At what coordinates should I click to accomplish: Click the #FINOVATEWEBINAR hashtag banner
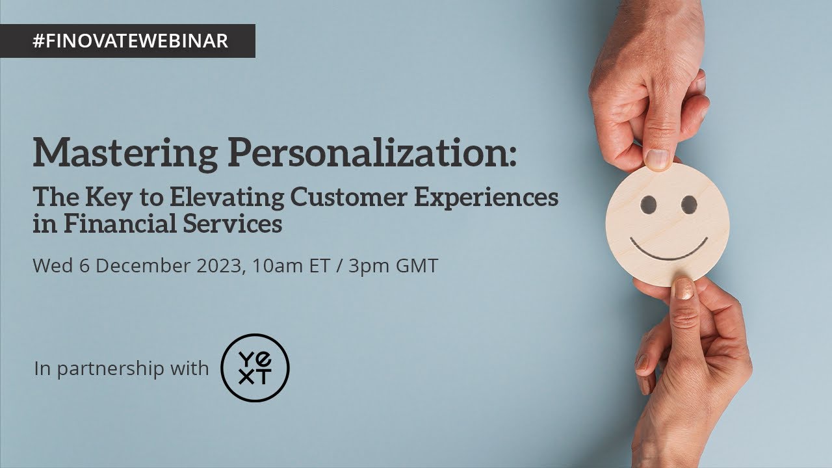point(130,41)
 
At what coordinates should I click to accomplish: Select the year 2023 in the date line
point(219,266)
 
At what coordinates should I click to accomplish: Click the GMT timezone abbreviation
point(418,266)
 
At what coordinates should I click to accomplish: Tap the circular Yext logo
point(255,367)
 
